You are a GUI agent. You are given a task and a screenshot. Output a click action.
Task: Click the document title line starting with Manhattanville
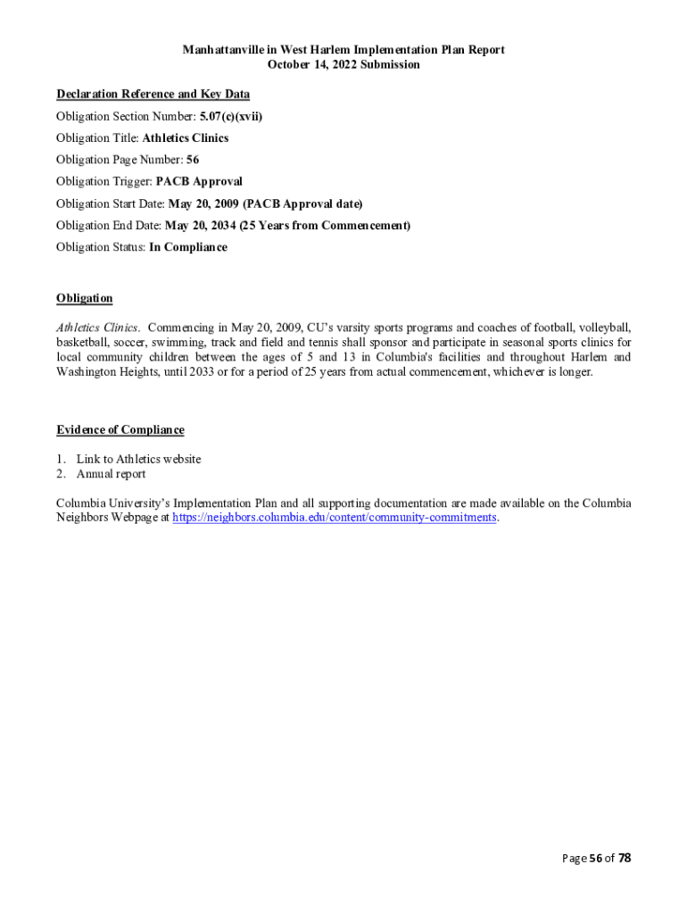343,50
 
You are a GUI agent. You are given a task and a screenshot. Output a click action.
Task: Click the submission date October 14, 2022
343,64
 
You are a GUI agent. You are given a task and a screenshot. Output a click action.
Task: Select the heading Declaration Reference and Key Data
153,94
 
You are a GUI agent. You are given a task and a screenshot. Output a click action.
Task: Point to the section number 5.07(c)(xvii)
231,116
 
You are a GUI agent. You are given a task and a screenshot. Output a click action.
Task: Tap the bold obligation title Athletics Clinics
186,138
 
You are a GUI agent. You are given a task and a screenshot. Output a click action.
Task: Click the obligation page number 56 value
193,160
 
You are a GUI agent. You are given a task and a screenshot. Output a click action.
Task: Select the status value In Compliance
188,247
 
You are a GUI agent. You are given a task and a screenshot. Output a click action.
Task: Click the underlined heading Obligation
84,298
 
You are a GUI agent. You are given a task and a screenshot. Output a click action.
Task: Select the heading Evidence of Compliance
120,430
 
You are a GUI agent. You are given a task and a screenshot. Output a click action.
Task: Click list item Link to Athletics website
138,459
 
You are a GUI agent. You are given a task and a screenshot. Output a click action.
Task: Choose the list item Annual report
111,474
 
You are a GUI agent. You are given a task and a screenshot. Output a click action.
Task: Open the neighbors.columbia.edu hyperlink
334,518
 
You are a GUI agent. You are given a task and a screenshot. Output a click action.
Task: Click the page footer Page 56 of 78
596,859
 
